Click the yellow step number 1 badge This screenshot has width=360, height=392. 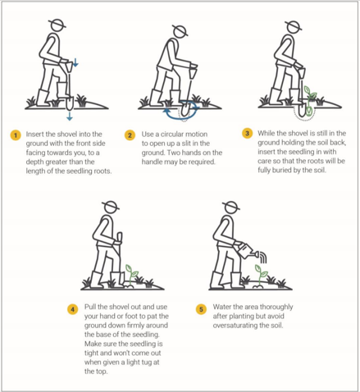[x=16, y=135]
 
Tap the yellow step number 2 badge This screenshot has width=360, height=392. [x=130, y=135]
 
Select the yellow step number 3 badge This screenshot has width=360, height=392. [x=247, y=134]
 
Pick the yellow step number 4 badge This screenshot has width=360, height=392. [x=72, y=309]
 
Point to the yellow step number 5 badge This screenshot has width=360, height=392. [x=201, y=309]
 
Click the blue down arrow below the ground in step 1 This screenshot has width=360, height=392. [x=70, y=116]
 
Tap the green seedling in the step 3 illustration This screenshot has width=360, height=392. [x=310, y=100]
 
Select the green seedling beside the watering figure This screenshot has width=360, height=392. [x=261, y=275]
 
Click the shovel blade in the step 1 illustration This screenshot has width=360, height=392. [x=70, y=103]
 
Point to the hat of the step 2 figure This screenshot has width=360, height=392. [x=180, y=30]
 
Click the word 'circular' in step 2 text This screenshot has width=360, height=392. [x=173, y=134]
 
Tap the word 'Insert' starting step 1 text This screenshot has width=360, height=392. [x=34, y=134]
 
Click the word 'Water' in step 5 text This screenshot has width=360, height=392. [x=221, y=307]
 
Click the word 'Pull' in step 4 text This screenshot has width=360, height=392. [x=90, y=307]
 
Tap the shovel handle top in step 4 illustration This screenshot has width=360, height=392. [x=120, y=237]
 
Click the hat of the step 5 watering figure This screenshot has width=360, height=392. [x=231, y=207]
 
